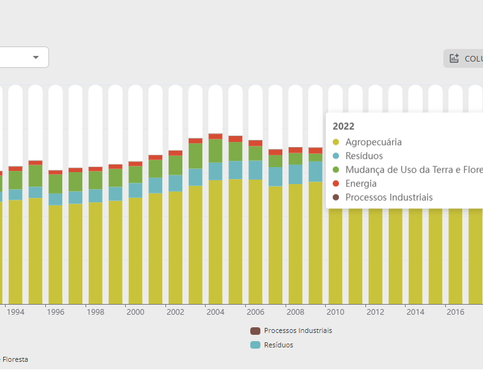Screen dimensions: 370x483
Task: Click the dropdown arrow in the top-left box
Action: coord(36,57)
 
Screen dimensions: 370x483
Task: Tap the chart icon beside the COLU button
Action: coord(454,58)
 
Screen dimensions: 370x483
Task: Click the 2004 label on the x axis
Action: coord(215,312)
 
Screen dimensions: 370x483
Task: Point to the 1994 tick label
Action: coord(15,312)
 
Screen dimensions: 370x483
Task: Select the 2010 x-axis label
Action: coord(335,312)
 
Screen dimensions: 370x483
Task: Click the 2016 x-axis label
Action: coord(455,312)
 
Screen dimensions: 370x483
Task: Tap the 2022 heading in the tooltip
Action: coord(343,126)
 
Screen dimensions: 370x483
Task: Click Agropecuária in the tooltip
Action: coord(373,142)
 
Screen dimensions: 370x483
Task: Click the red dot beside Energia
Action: coord(336,184)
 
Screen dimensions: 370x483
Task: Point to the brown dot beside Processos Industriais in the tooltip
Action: coord(336,198)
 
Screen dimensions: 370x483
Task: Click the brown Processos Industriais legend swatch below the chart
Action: coord(255,331)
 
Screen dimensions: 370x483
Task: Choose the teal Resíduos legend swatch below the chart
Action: coord(255,345)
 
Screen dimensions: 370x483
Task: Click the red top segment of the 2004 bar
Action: coord(215,136)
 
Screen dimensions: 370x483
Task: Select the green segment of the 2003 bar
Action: coord(196,156)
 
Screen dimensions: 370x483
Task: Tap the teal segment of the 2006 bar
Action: coord(255,170)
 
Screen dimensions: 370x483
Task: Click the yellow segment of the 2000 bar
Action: coord(135,251)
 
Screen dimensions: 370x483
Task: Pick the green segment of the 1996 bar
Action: coord(55,183)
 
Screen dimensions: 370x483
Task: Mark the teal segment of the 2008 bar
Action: coord(296,174)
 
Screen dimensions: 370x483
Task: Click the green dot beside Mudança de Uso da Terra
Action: coord(336,170)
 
